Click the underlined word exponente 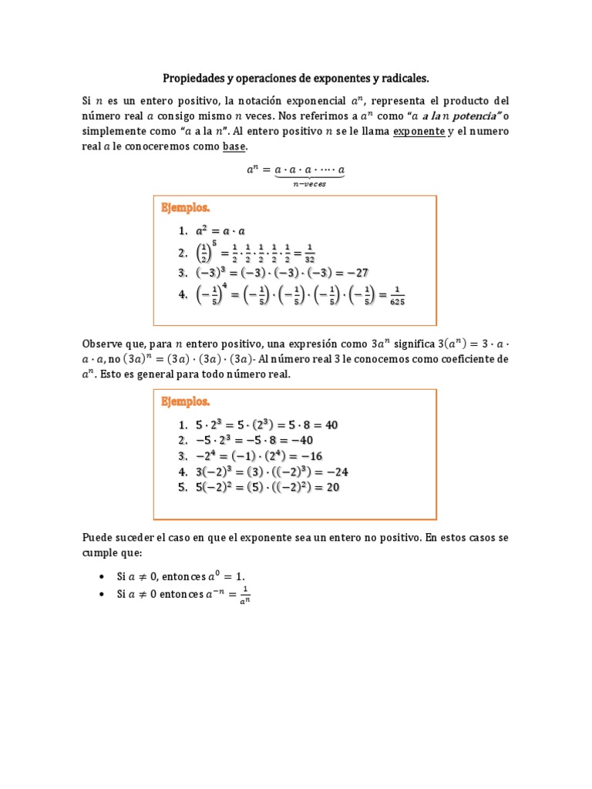(419, 131)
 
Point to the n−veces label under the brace (310, 184)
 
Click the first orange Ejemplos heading (185, 208)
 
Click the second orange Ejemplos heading (185, 401)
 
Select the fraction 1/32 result (308, 253)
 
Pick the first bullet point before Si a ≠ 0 (103, 576)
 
